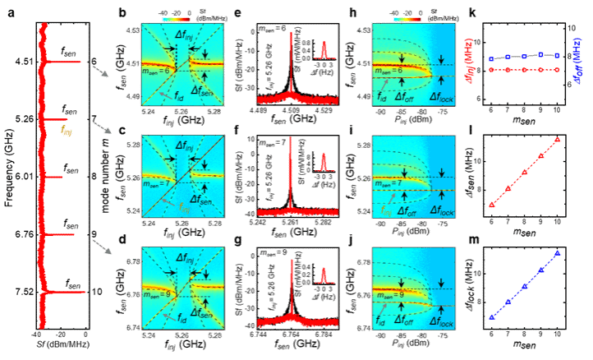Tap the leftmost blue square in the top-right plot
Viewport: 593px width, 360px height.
tap(491, 59)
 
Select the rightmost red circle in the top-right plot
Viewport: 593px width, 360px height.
tap(558, 71)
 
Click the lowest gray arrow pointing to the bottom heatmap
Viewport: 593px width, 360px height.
tap(101, 247)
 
